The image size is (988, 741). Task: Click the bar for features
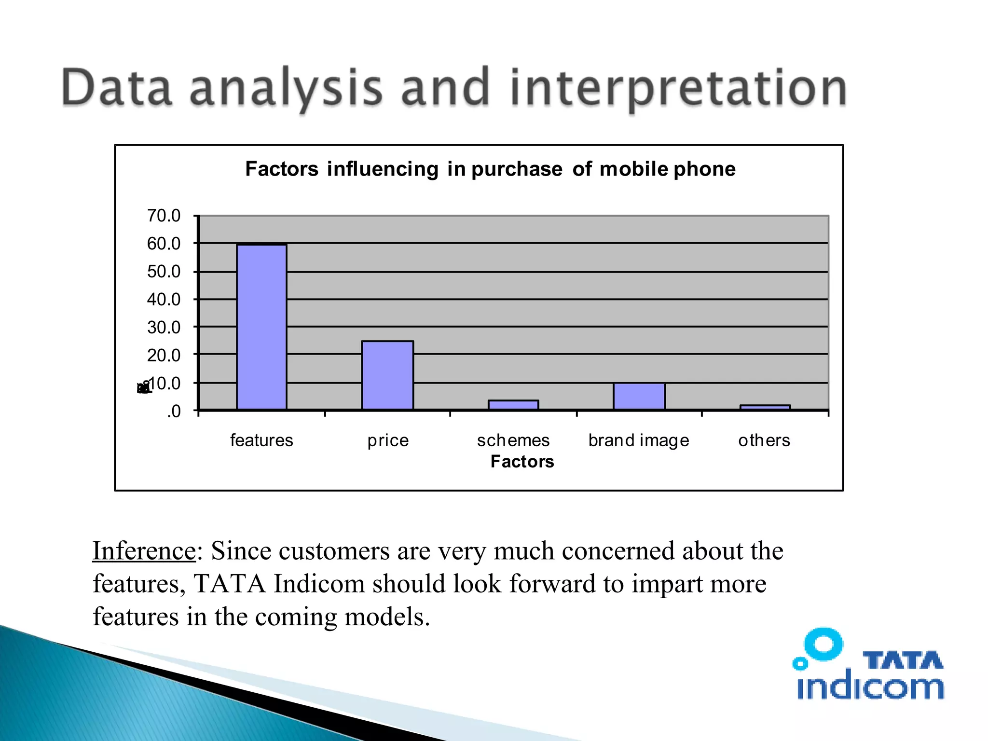(x=261, y=327)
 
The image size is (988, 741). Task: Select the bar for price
(x=387, y=375)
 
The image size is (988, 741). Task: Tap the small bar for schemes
(x=513, y=405)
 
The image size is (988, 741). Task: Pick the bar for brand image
(x=639, y=397)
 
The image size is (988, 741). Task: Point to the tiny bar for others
(x=765, y=408)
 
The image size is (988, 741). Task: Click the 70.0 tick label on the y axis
(x=164, y=216)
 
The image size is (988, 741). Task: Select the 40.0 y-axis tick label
(x=164, y=300)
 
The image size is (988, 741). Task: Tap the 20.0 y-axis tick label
(x=164, y=356)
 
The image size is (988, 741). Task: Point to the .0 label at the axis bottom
(x=173, y=412)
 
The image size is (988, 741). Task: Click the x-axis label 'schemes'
(x=513, y=440)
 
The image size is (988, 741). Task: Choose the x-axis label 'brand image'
(x=639, y=440)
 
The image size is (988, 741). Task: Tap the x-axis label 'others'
(x=764, y=440)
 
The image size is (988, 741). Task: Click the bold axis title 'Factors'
(x=522, y=462)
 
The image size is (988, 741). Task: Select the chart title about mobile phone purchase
(x=490, y=169)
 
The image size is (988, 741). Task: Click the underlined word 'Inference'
(x=144, y=551)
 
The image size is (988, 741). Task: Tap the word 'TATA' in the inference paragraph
(x=230, y=584)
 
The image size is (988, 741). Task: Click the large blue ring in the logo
(x=824, y=644)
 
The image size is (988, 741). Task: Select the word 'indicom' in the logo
(x=870, y=686)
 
